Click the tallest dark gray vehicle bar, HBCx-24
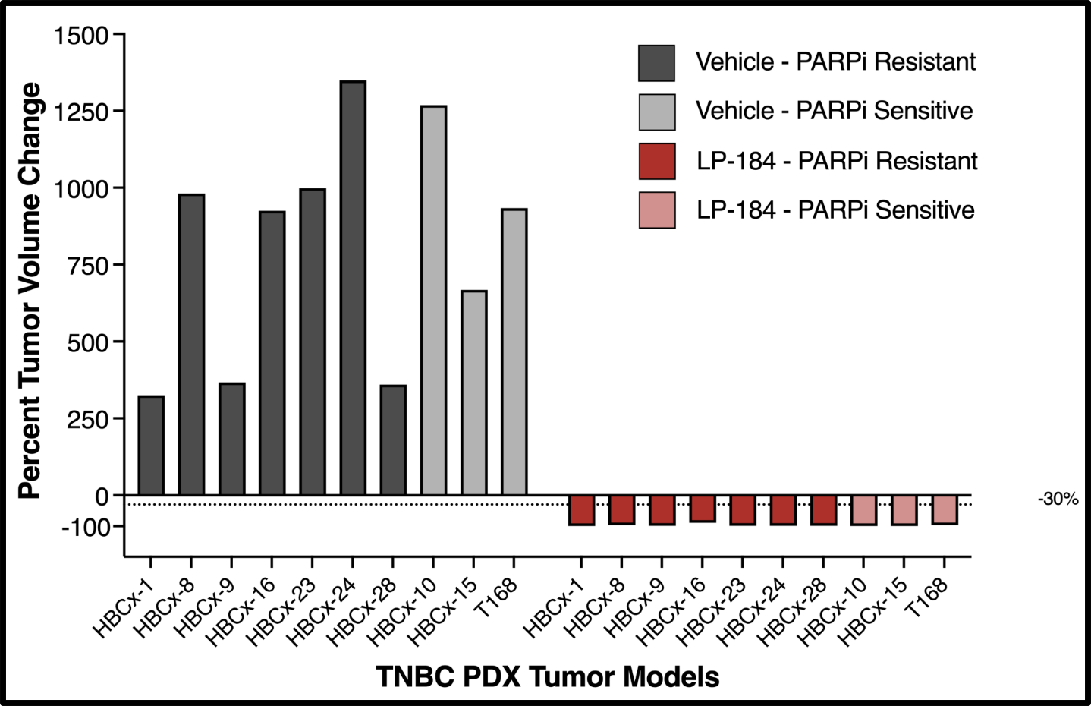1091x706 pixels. click(x=353, y=288)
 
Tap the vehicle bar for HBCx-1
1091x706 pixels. click(x=151, y=446)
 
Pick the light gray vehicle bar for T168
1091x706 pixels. click(x=514, y=352)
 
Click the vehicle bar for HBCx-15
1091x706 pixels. click(x=474, y=393)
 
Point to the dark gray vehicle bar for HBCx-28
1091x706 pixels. click(x=393, y=440)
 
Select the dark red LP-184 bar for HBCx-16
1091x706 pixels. click(x=703, y=509)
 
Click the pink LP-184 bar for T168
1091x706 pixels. click(x=945, y=509)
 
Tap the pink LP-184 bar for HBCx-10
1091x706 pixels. click(x=864, y=510)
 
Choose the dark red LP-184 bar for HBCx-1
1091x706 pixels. click(x=581, y=510)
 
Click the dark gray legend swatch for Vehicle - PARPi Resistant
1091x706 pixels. click(x=656, y=63)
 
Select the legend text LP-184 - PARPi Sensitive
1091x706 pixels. click(x=835, y=210)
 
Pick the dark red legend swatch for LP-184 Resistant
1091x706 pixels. click(x=656, y=161)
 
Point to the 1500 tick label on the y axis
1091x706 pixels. click(x=81, y=35)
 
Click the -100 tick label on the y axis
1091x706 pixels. click(x=86, y=527)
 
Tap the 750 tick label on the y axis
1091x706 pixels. click(x=88, y=266)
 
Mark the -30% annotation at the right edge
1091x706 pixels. click(x=1058, y=499)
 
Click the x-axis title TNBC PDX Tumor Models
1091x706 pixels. click(x=548, y=676)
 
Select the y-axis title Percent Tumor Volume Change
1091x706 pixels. click(x=30, y=290)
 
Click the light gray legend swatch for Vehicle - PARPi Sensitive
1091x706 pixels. click(x=656, y=112)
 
